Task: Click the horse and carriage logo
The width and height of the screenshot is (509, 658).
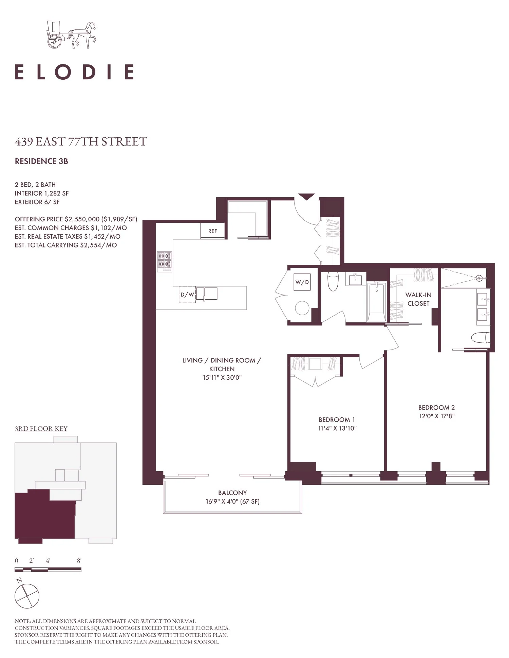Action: click(x=71, y=35)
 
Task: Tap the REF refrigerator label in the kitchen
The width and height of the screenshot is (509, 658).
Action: click(x=213, y=231)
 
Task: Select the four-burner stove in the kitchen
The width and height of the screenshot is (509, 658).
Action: click(x=165, y=261)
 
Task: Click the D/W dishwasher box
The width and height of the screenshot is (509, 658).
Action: click(x=187, y=295)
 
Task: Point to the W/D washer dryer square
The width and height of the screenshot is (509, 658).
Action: click(x=302, y=282)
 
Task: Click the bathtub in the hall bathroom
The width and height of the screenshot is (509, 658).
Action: click(x=376, y=301)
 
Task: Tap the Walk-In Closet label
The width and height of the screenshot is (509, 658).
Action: click(x=418, y=299)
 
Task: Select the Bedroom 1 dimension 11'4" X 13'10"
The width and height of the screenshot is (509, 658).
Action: click(x=337, y=428)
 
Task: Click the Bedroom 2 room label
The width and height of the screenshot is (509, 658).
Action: click(x=436, y=407)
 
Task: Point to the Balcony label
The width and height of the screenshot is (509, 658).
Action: click(x=232, y=493)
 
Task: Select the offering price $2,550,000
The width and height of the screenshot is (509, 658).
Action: click(x=82, y=219)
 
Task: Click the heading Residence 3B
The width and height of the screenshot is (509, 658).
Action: click(x=41, y=161)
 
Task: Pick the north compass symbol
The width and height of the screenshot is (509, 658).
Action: click(x=27, y=596)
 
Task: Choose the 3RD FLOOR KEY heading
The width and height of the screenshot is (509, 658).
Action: click(x=41, y=429)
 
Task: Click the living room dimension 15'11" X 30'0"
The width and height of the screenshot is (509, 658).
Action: click(x=222, y=378)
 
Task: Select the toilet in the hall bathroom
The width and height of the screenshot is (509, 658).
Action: click(x=333, y=281)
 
